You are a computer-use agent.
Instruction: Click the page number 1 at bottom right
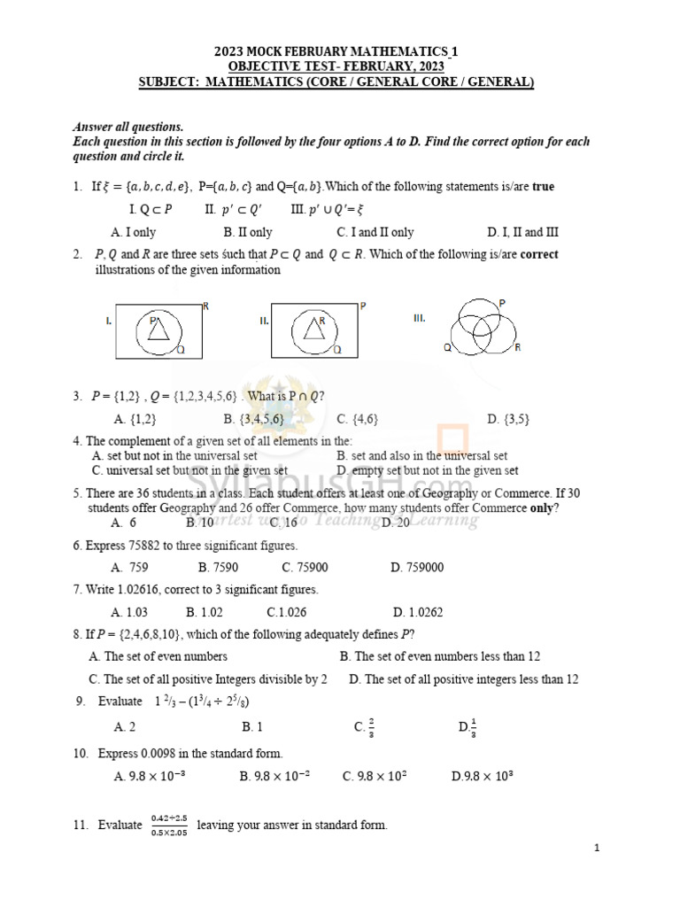(598, 849)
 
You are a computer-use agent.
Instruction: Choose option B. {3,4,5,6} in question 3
(254, 419)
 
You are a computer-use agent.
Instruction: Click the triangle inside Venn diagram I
(158, 330)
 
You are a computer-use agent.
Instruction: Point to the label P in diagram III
(503, 303)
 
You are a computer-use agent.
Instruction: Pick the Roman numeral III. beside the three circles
(421, 317)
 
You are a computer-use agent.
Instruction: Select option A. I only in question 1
(134, 232)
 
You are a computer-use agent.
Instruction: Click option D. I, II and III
(522, 232)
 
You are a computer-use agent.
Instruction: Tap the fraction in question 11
(168, 825)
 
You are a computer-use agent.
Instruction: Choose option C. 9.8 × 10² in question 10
(375, 776)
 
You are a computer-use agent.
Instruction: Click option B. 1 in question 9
(252, 726)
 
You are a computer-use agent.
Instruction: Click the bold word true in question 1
(543, 187)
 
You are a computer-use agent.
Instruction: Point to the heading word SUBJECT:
(166, 82)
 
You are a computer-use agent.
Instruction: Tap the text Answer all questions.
(127, 128)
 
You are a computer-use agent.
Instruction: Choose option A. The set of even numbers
(158, 656)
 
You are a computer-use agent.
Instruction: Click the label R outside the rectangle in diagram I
(205, 306)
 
